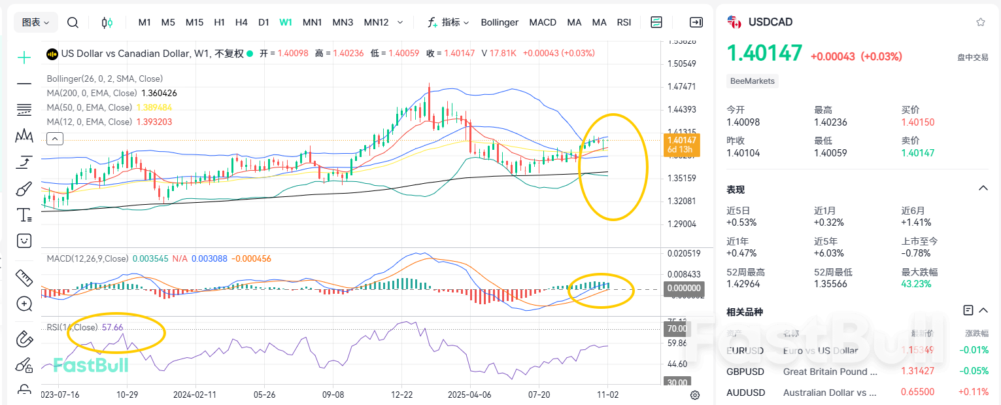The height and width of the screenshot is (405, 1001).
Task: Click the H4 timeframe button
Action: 241,22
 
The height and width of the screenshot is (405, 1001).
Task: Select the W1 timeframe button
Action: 286,22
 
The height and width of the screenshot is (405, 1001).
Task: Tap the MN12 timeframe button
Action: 376,22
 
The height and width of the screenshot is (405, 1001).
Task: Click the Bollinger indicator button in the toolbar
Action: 500,22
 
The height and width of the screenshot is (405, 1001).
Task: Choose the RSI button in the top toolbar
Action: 624,22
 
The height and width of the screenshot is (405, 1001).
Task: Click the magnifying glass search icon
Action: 73,22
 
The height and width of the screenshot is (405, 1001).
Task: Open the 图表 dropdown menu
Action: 36,22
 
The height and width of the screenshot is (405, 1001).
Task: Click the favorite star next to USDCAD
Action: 980,22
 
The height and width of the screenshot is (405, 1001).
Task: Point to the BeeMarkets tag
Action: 753,81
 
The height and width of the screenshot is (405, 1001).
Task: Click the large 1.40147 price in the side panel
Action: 764,53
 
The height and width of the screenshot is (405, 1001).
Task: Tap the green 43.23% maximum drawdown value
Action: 916,284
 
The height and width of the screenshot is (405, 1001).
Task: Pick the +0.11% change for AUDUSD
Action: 975,392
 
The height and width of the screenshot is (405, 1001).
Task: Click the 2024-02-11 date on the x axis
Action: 194,395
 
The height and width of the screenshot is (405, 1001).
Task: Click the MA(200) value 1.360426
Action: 159,93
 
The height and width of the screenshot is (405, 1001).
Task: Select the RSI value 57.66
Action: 112,327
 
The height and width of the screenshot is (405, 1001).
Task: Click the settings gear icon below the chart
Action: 695,395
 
